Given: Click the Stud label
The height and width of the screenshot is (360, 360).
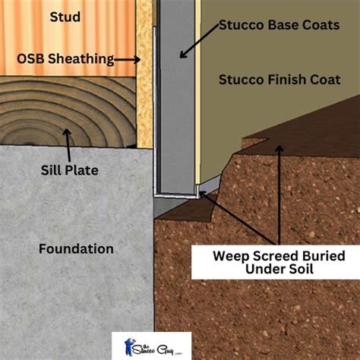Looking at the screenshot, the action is tap(65, 17).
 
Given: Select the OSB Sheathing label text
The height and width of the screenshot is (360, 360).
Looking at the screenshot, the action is tap(65, 59).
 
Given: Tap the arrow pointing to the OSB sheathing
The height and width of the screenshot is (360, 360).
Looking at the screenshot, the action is tap(128, 60).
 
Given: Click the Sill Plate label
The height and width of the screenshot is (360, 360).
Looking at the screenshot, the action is tap(70, 170).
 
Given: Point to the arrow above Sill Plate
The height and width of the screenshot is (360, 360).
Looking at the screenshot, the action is tap(68, 145).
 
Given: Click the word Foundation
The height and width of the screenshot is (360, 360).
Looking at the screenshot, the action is tap(76, 249).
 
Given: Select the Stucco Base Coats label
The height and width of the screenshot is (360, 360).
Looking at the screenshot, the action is tap(279, 25).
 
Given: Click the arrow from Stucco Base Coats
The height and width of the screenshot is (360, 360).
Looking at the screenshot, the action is tap(199, 41).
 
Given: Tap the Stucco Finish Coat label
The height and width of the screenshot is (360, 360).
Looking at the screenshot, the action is tap(279, 80).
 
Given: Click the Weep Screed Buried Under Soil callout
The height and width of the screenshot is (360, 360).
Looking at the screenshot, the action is tap(276, 262).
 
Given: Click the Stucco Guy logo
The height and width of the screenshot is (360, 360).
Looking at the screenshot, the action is tap(152, 346).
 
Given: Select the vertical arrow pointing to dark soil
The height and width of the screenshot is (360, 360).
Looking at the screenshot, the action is tap(279, 195).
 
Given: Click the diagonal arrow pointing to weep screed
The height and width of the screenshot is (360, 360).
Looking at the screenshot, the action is tap(238, 218).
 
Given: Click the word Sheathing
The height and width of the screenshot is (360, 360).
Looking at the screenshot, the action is tap(81, 59).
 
